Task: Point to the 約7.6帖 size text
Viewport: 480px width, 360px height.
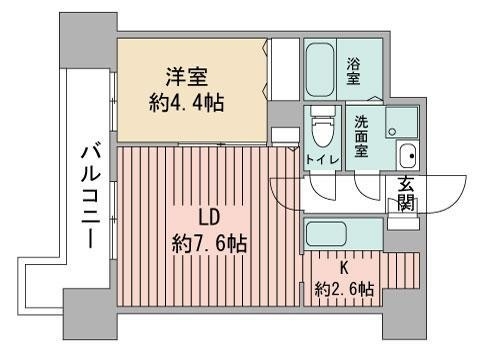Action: click(x=209, y=242)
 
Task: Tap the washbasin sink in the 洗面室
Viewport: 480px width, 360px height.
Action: click(x=407, y=156)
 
